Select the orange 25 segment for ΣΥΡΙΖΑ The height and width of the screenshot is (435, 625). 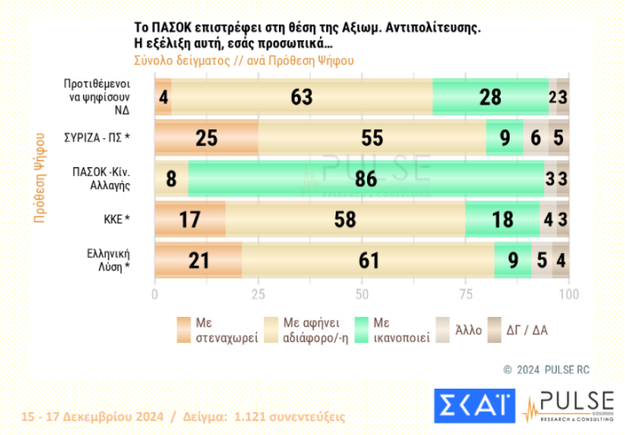click(x=206, y=138)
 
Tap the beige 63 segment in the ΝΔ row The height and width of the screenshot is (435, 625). click(x=302, y=96)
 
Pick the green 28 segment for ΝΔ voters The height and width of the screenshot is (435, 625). click(x=490, y=96)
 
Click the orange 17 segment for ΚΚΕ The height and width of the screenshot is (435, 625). click(x=190, y=220)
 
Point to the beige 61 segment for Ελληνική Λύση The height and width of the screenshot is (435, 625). click(x=367, y=261)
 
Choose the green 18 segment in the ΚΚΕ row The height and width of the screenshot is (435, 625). click(x=503, y=220)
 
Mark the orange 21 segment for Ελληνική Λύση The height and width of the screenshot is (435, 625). click(x=198, y=261)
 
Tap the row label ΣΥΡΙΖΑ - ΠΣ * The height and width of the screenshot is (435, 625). click(x=96, y=138)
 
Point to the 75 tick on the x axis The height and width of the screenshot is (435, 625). click(x=465, y=294)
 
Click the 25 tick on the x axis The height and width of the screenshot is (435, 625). click(x=258, y=294)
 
